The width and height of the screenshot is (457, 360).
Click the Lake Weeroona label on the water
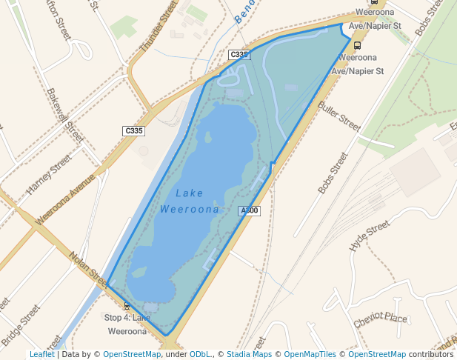pyautogui.click(x=190, y=201)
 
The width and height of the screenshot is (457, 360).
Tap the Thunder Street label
pyautogui.click(x=159, y=26)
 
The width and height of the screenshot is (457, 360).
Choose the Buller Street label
pyautogui.click(x=339, y=116)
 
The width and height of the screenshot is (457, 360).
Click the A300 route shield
pyautogui.click(x=250, y=211)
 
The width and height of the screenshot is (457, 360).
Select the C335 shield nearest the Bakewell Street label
pyautogui.click(x=133, y=131)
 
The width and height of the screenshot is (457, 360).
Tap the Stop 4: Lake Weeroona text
pyautogui.click(x=127, y=324)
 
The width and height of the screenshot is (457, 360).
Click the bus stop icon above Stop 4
pyautogui.click(x=127, y=305)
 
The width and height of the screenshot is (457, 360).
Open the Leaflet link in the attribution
pyautogui.click(x=41, y=355)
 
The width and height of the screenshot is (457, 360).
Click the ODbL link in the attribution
pyautogui.click(x=199, y=355)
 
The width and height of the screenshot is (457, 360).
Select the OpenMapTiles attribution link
pyautogui.click(x=310, y=355)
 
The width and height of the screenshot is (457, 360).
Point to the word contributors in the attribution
pyautogui.click(x=431, y=355)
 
